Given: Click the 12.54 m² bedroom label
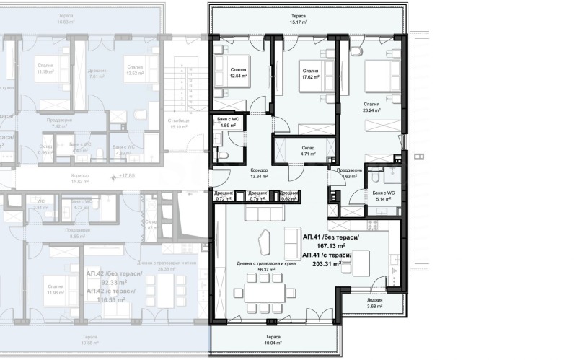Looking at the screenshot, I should tap(239, 76).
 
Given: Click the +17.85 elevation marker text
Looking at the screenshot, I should tap(126, 175).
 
